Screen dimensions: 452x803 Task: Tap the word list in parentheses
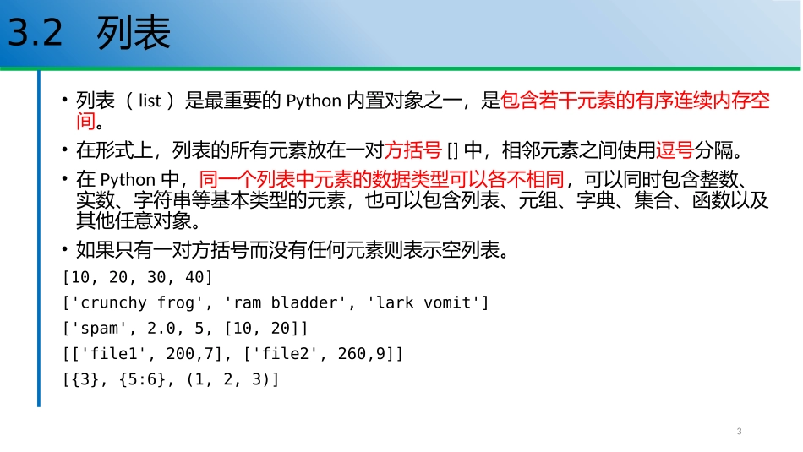(150, 102)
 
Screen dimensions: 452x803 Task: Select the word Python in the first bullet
(313, 102)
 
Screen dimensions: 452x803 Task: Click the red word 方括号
(413, 152)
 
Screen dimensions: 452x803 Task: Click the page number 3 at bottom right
(739, 432)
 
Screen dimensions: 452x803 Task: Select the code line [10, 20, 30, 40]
(138, 277)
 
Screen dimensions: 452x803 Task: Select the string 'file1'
(113, 353)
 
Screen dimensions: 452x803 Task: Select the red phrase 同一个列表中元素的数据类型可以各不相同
(382, 179)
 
